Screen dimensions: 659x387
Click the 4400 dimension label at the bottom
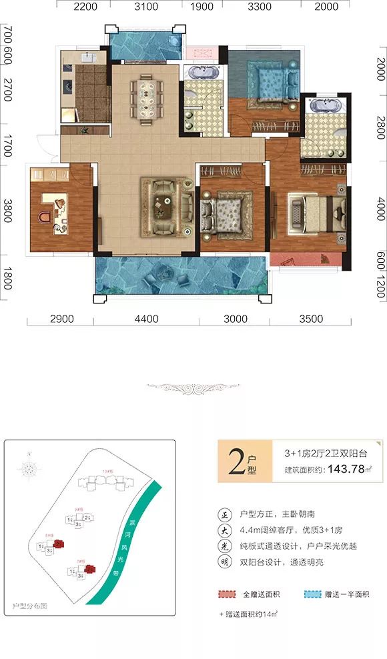(x=146, y=319)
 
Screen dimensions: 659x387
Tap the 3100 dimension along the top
(x=146, y=7)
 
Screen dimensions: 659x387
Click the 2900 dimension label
(x=61, y=319)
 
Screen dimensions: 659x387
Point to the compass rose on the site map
(x=29, y=470)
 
